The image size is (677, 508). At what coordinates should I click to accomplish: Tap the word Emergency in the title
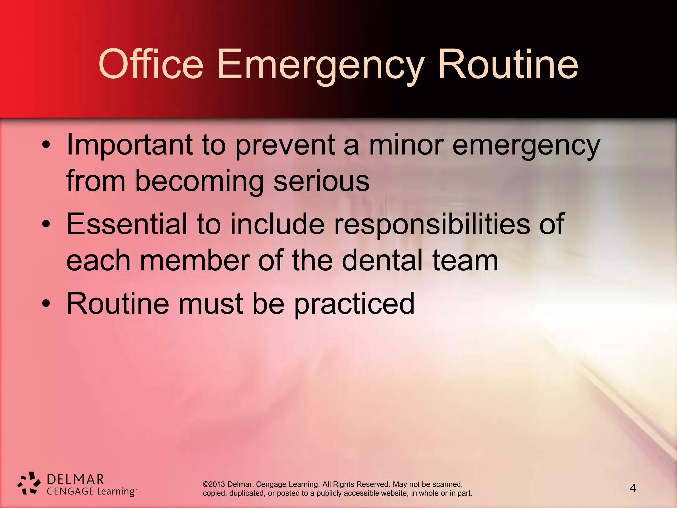[x=320, y=65]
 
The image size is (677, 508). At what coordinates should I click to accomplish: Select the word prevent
[x=285, y=146]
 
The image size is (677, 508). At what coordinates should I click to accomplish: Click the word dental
[x=382, y=261]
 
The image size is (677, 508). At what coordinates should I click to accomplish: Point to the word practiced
[x=354, y=304]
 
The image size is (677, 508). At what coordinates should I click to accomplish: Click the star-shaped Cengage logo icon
[x=29, y=483]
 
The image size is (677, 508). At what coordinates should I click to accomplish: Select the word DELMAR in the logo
[x=75, y=479]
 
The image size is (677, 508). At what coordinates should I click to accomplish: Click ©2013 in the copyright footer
[x=214, y=484]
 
